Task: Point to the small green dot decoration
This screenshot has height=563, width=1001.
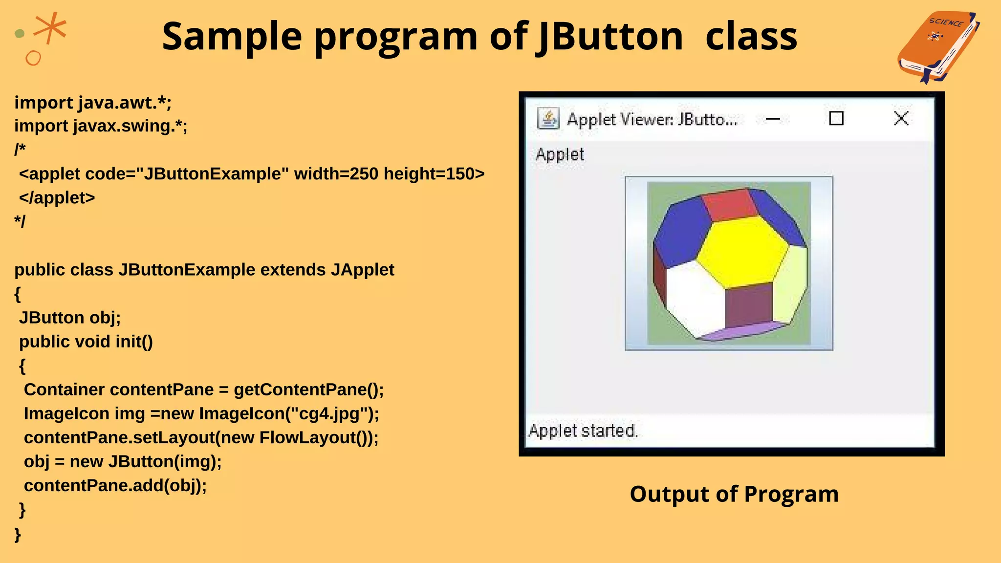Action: point(20,33)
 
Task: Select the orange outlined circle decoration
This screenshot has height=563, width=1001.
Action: point(33,58)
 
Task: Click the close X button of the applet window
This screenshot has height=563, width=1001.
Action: point(901,118)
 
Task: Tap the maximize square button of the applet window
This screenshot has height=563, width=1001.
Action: point(836,118)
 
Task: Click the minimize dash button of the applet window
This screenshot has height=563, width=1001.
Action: point(773,119)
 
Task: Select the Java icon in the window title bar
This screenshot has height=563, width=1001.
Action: point(548,118)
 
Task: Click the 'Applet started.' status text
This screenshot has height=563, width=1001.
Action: point(583,431)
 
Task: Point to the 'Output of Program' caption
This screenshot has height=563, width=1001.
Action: point(734,494)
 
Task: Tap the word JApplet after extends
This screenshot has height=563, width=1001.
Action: point(362,270)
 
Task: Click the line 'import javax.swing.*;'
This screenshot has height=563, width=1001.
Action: point(101,126)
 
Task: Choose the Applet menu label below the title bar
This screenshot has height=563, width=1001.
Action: point(560,154)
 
